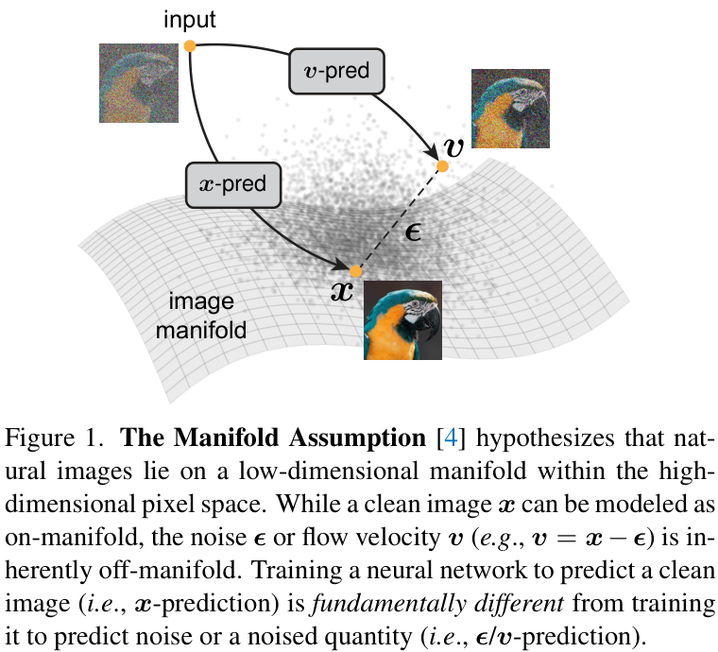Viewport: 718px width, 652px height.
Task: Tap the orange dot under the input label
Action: point(190,45)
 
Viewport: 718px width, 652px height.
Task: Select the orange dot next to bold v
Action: point(441,165)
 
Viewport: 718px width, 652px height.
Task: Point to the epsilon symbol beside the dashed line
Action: point(412,232)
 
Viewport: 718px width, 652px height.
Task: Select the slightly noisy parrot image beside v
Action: point(509,109)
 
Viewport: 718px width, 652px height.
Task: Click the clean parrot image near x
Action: point(403,320)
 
